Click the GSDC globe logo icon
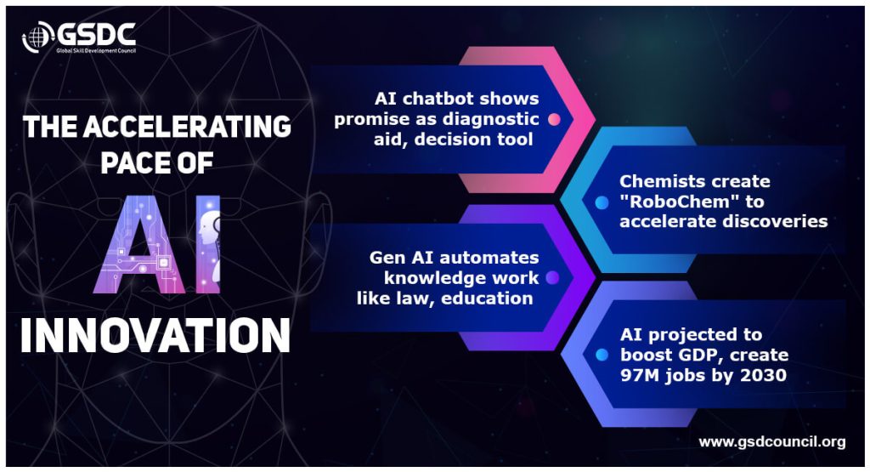[x=38, y=37]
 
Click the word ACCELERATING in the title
[x=187, y=127]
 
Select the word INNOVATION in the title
[x=155, y=335]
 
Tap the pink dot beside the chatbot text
[x=554, y=119]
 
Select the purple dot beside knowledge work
[x=552, y=278]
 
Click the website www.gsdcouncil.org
[x=771, y=442]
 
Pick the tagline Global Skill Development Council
[x=96, y=50]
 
